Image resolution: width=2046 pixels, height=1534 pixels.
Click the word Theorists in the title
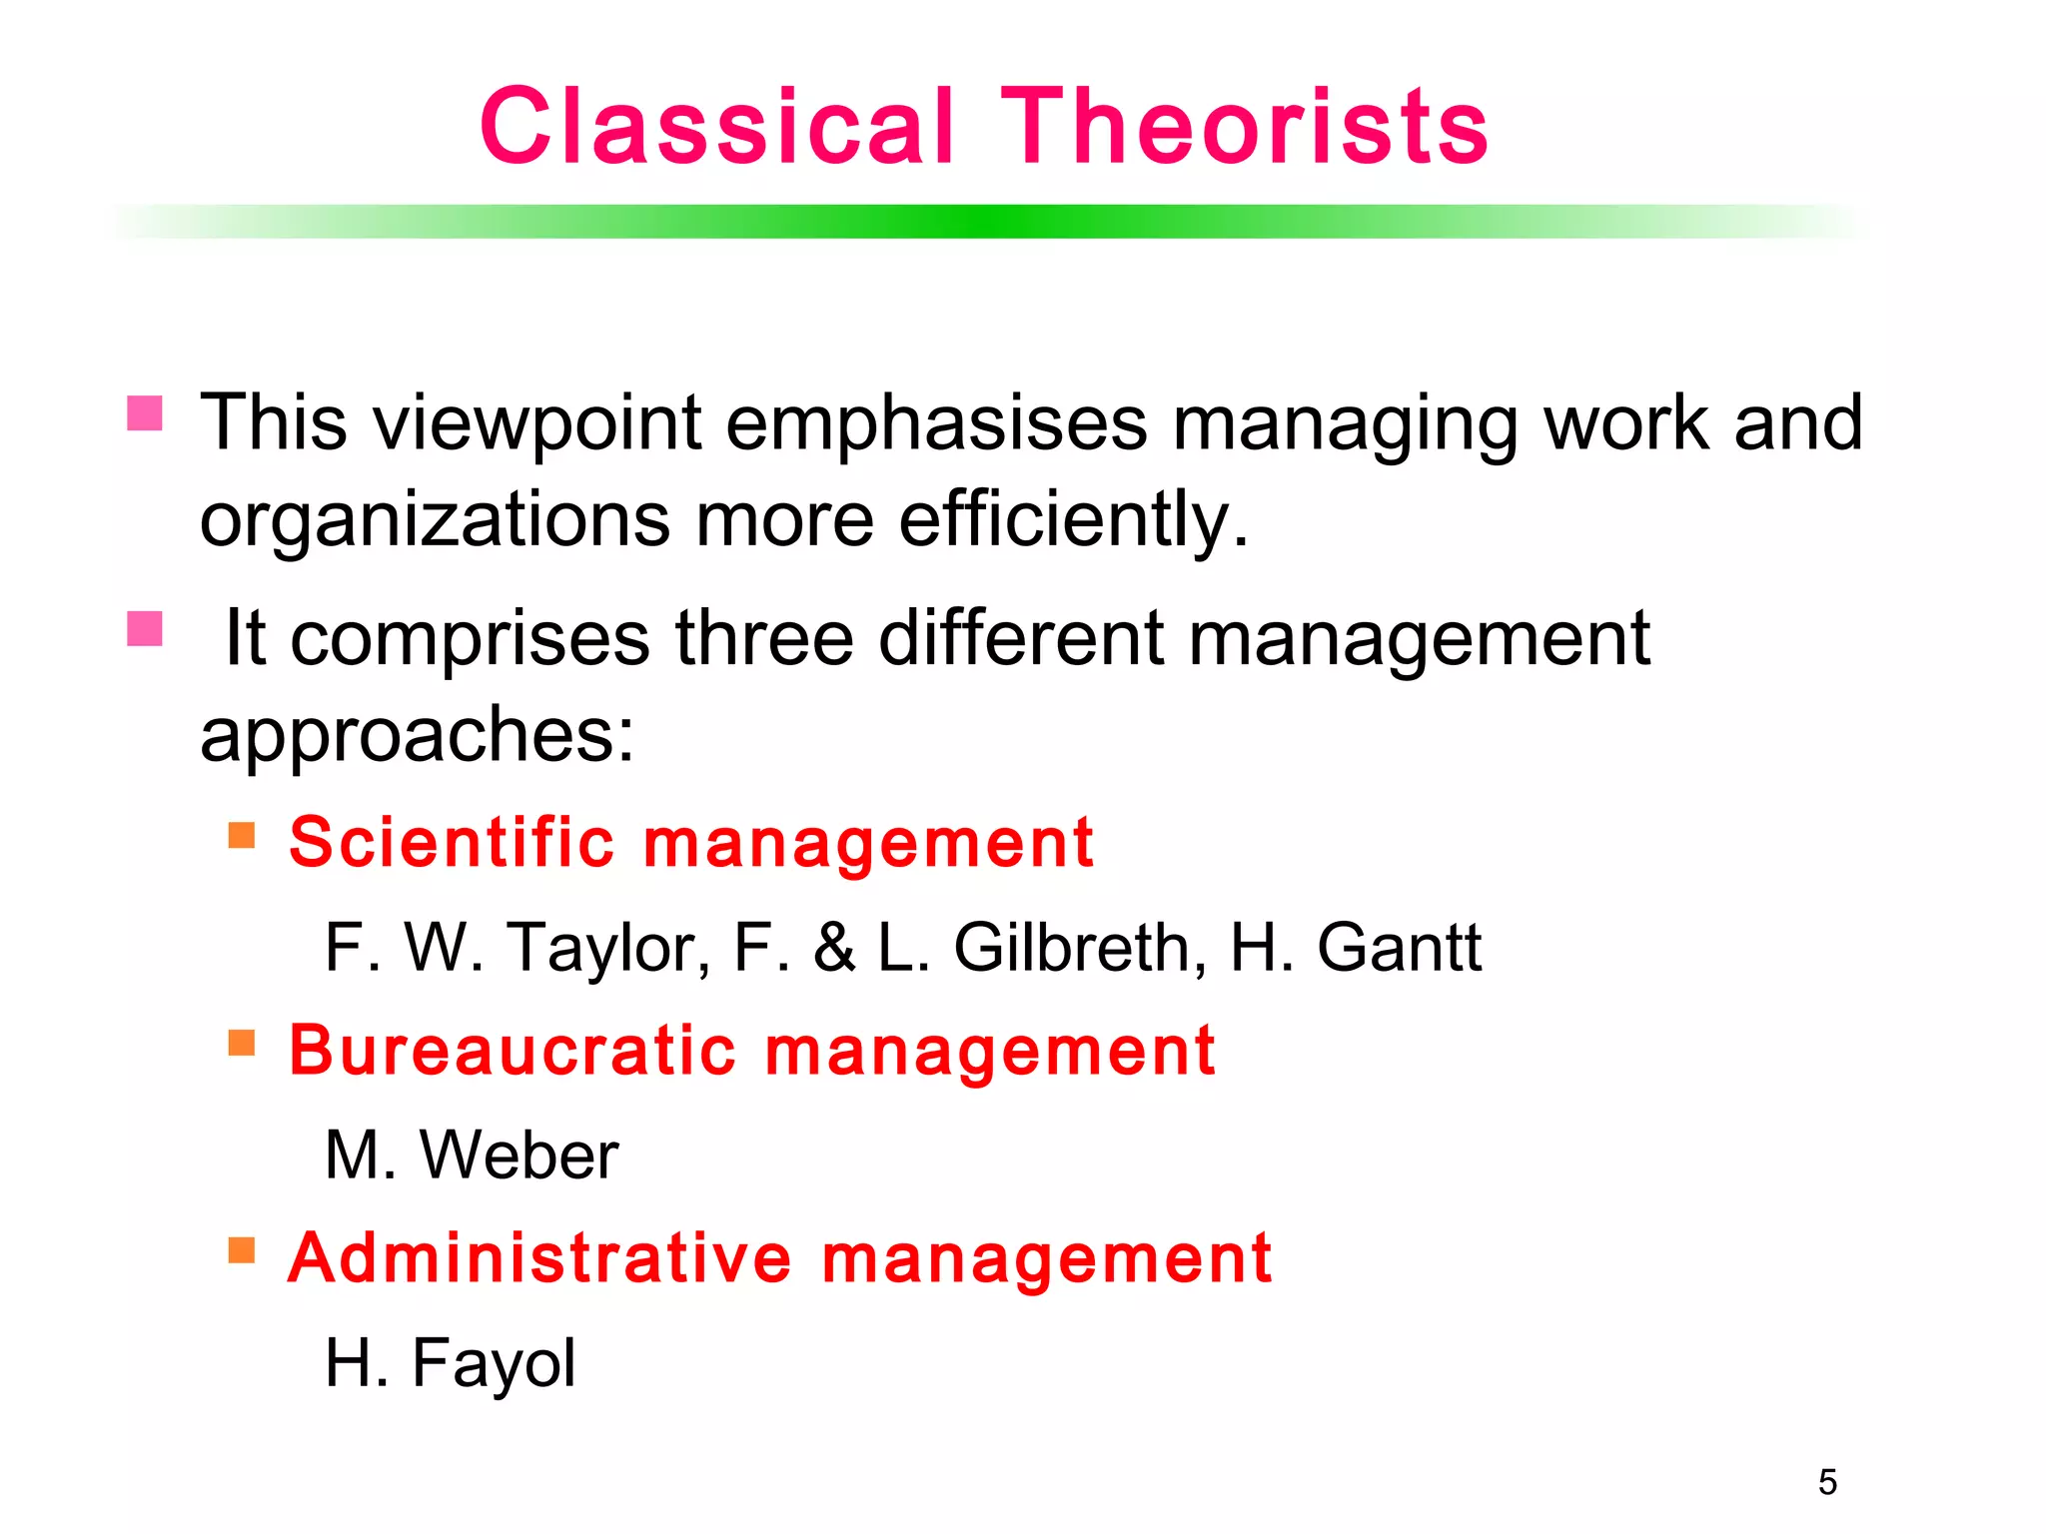click(x=1244, y=127)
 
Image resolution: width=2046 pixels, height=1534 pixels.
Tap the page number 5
click(x=1827, y=1482)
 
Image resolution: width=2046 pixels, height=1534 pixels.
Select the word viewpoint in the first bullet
click(x=537, y=423)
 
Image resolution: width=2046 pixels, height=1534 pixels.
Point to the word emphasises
click(x=936, y=423)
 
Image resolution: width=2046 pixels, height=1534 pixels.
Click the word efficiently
click(x=1073, y=520)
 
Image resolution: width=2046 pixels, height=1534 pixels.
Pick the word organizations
click(x=435, y=520)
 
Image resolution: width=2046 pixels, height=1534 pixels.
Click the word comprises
click(x=470, y=638)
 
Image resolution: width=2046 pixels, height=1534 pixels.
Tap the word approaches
click(x=416, y=735)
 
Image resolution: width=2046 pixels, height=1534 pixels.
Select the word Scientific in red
click(x=452, y=842)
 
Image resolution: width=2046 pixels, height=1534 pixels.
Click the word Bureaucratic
click(x=512, y=1051)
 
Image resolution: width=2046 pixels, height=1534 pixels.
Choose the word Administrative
click(x=539, y=1257)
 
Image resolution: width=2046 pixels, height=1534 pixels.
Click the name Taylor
click(x=607, y=948)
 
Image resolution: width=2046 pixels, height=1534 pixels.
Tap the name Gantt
click(x=1399, y=948)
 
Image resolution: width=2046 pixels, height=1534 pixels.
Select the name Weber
click(x=518, y=1155)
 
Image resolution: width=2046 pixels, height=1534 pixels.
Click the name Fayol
click(x=494, y=1363)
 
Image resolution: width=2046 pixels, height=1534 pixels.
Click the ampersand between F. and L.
click(x=834, y=948)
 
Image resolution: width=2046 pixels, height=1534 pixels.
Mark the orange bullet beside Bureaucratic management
click(x=242, y=1044)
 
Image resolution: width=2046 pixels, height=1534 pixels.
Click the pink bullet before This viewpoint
click(x=145, y=413)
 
